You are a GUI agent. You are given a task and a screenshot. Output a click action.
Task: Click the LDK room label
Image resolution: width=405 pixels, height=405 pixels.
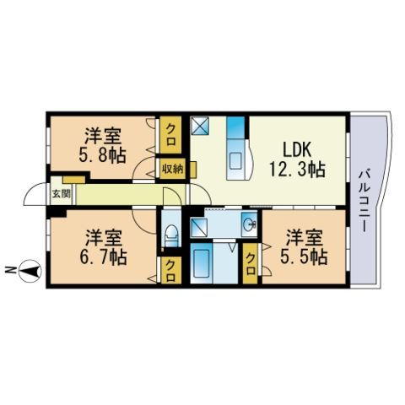point(297,149)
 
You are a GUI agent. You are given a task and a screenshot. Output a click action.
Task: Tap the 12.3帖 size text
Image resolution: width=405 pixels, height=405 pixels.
point(298,170)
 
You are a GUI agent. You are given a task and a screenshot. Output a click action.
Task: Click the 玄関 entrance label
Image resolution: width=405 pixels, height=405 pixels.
point(61,194)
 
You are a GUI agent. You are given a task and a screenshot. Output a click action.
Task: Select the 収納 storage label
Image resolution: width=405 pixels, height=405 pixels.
point(172,169)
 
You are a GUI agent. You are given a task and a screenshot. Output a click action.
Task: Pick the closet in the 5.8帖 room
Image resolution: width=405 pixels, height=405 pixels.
point(170,135)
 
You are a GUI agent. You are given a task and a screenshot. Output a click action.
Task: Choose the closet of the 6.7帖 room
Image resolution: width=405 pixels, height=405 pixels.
point(170,270)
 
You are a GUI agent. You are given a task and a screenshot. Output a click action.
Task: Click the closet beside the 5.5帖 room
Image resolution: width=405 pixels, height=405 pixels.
point(250,263)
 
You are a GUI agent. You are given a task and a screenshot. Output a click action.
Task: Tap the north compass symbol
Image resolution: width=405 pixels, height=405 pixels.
point(30,271)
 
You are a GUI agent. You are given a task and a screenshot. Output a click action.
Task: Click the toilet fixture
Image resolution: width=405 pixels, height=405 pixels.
point(171,236)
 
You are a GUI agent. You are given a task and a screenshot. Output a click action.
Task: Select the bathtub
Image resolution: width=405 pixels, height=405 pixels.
point(202,263)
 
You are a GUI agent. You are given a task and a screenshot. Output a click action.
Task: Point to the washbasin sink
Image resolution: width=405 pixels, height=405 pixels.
point(250,224)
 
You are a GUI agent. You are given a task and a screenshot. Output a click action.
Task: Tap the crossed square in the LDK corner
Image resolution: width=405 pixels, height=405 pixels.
point(200,126)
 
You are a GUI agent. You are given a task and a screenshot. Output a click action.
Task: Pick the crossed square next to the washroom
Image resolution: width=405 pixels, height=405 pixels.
point(198,227)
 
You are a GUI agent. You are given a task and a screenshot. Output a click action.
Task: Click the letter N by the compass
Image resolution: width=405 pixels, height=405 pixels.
point(10,271)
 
